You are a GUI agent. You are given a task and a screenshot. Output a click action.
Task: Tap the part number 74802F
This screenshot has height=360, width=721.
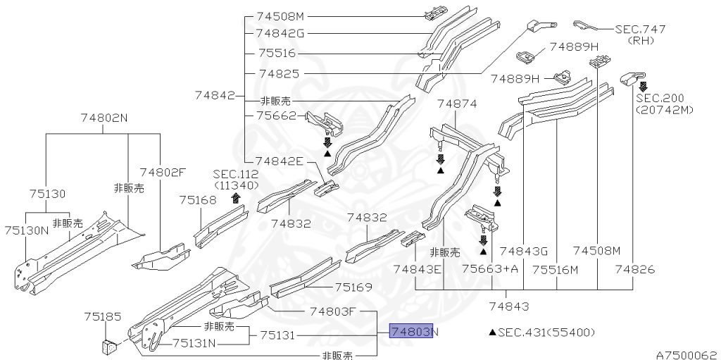point(163,171)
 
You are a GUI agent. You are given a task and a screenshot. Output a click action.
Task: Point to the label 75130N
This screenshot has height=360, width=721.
point(26,230)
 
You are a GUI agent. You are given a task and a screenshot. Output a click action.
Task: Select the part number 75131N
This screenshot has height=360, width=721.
point(195,343)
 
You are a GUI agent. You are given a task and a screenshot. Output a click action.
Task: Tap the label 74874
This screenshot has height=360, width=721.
point(457,104)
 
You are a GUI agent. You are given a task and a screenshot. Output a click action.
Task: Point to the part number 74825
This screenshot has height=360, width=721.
point(280,73)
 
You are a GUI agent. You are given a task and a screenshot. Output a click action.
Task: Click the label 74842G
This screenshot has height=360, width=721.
point(281,32)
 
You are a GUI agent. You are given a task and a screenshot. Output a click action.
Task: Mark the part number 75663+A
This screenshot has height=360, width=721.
point(490,269)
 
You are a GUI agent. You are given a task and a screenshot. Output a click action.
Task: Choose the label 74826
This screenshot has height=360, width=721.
point(635,269)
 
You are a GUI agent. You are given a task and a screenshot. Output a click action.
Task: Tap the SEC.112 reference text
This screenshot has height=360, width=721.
point(237,174)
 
